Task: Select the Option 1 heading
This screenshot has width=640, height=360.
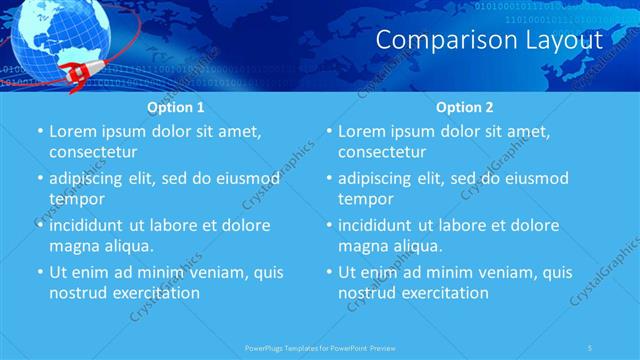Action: click(x=175, y=106)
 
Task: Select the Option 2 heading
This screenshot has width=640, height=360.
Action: click(x=464, y=106)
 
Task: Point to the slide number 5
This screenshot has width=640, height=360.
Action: click(x=591, y=347)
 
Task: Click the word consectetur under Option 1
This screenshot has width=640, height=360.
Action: click(x=93, y=152)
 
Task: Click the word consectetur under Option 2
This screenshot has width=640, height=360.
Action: click(x=382, y=152)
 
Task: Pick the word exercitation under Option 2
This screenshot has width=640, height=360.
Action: click(x=444, y=293)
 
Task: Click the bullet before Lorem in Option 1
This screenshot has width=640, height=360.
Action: click(x=39, y=131)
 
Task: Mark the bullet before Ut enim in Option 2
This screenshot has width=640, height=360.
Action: click(x=328, y=272)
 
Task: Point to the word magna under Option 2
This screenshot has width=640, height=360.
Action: click(x=362, y=246)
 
